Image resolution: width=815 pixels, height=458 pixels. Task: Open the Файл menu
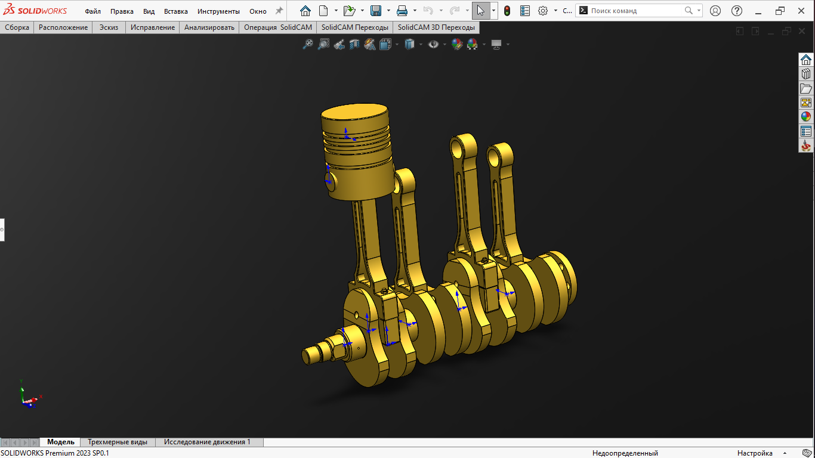[92, 11]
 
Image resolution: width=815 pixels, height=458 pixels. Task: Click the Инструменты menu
[218, 11]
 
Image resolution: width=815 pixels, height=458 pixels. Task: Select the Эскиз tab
[109, 27]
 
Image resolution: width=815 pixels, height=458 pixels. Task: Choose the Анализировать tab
[209, 27]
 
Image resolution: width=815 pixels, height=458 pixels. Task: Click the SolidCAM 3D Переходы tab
[436, 27]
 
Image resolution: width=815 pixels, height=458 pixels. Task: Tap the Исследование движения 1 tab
[207, 442]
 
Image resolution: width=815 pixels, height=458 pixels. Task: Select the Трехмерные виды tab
[118, 442]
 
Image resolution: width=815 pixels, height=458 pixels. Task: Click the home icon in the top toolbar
[305, 11]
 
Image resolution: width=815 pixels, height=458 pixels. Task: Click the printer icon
[402, 11]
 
